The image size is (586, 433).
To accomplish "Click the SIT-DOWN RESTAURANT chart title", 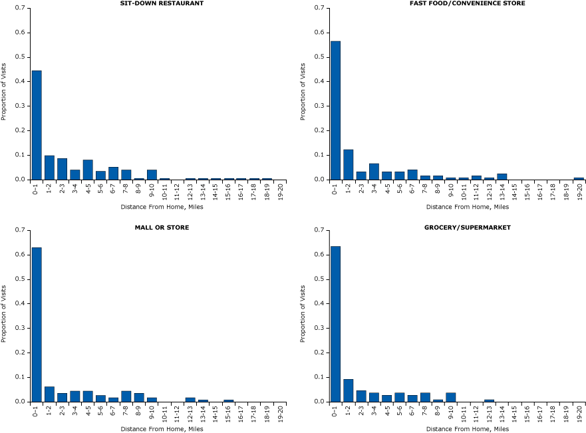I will click(x=162, y=3).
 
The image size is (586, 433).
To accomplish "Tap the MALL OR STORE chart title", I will click(x=162, y=227).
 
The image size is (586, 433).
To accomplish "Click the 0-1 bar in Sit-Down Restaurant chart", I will click(x=37, y=125).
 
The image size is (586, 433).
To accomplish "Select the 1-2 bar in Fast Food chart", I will click(x=349, y=164).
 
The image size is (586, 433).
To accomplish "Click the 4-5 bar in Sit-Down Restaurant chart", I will click(x=88, y=170).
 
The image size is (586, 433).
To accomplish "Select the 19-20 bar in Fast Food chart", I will click(x=578, y=178).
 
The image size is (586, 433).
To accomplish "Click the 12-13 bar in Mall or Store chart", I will click(x=190, y=399).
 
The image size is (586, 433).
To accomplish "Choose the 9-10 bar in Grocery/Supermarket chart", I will click(x=450, y=397).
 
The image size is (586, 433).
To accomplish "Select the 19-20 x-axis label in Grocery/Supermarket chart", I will click(x=579, y=412).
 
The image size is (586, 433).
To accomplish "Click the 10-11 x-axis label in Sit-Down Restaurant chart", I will click(x=164, y=190).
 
